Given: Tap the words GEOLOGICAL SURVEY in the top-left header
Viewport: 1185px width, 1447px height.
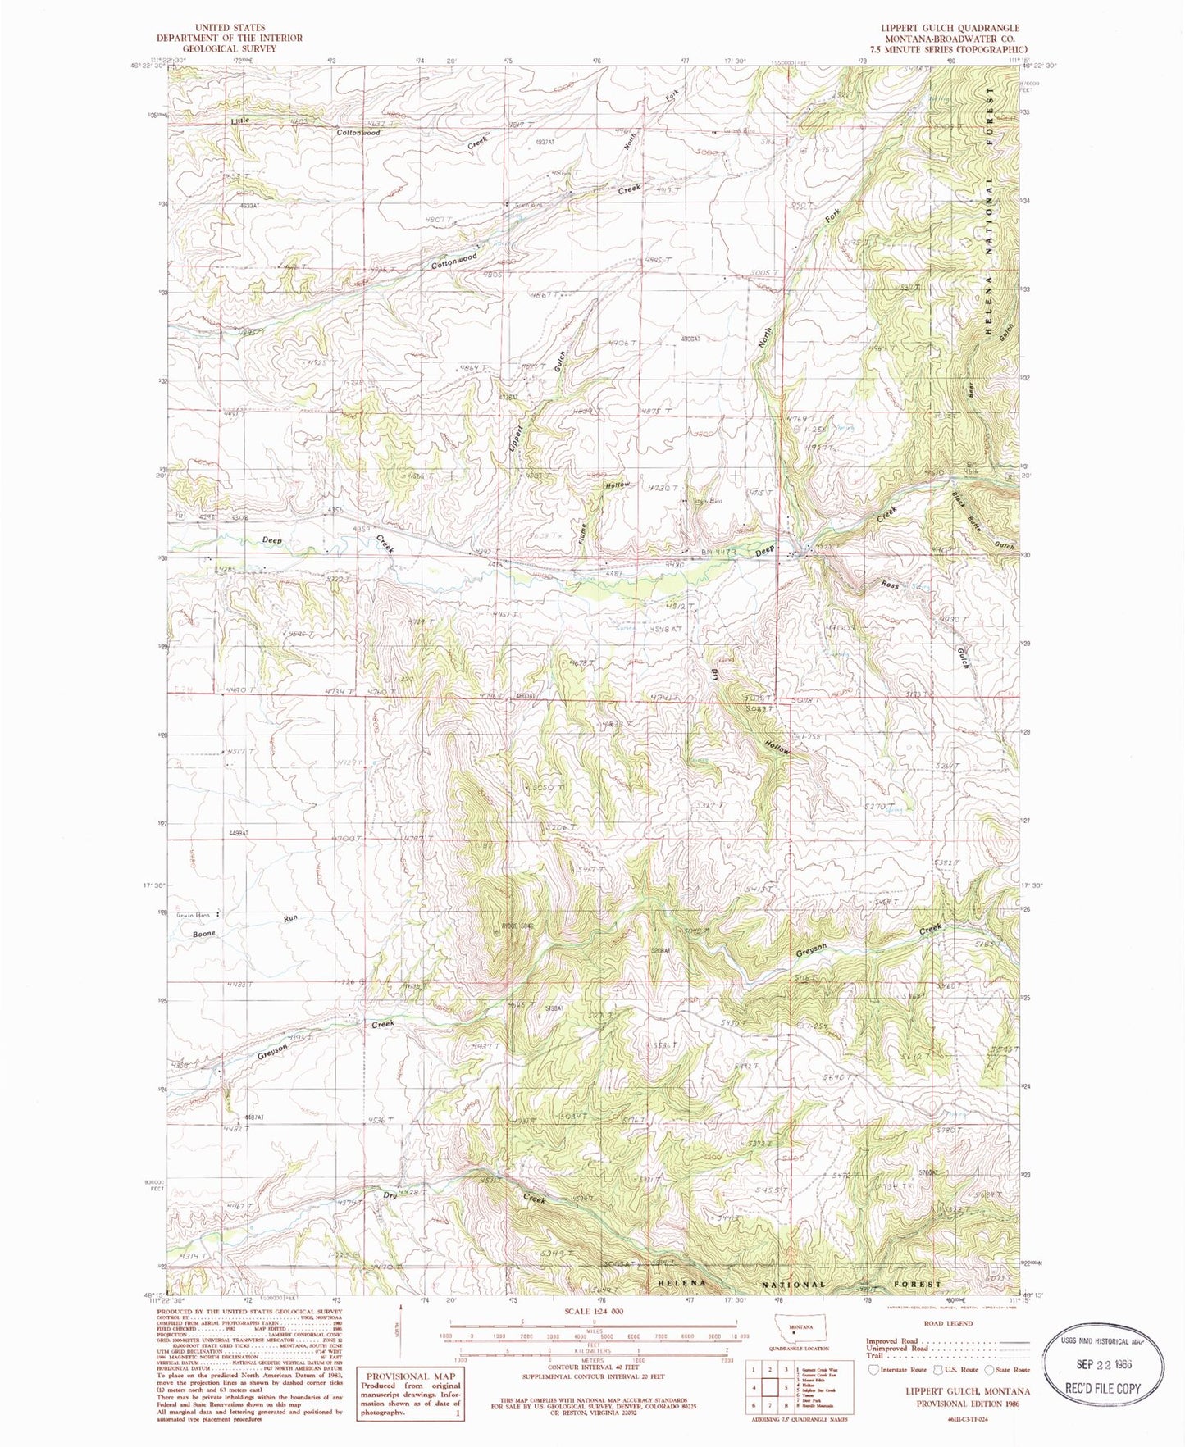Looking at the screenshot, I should (218, 48).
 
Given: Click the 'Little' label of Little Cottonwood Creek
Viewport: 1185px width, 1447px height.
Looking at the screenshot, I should (239, 121).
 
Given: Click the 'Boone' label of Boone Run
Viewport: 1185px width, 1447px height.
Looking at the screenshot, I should (204, 934).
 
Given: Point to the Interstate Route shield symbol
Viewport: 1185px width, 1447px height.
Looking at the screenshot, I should (871, 1368).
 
